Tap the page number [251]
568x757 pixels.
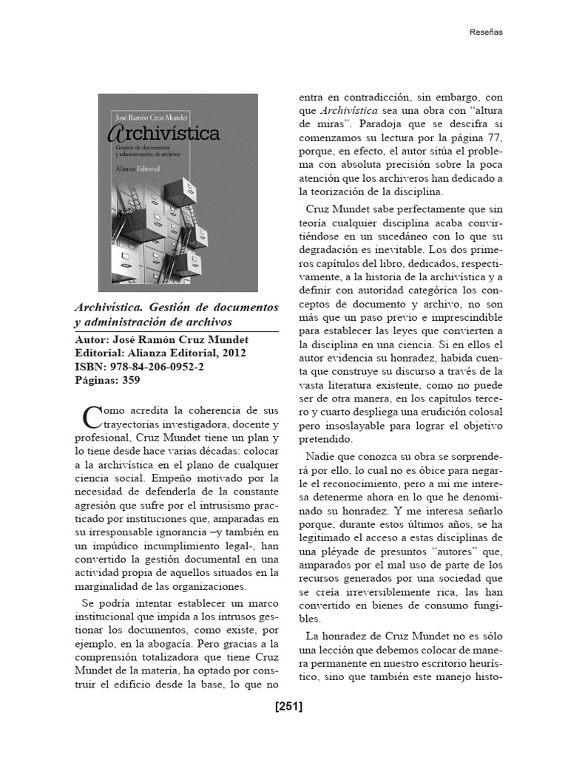coord(288,706)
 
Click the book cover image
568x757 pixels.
coord(178,192)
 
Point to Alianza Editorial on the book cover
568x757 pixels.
coord(139,169)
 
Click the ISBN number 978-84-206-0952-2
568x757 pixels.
coord(156,367)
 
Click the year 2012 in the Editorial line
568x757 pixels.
coord(231,353)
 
